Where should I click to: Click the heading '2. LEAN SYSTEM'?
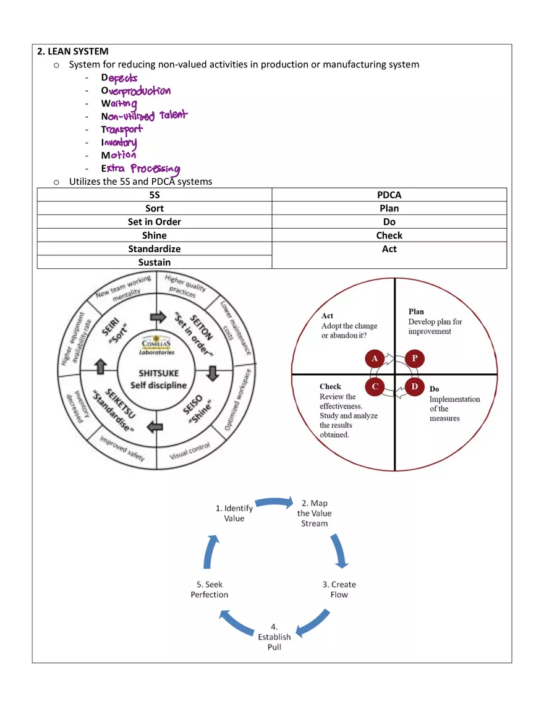click(73, 51)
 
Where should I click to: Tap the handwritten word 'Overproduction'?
click(135, 91)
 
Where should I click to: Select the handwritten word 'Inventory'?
click(119, 143)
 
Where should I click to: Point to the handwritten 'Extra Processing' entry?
click(140, 169)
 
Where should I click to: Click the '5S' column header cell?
click(155, 195)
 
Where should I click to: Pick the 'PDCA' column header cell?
click(389, 195)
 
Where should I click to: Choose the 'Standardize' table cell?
click(155, 248)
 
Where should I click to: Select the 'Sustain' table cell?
click(155, 262)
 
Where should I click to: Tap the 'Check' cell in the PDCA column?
click(389, 235)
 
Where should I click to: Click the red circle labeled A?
click(375, 358)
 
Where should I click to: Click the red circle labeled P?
click(415, 358)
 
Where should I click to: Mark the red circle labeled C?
click(375, 386)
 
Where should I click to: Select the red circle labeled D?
click(415, 386)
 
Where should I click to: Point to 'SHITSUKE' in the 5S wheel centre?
click(159, 373)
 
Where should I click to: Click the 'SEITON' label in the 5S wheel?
click(201, 328)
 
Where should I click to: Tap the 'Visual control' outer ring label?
click(190, 451)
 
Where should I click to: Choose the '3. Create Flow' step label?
click(339, 590)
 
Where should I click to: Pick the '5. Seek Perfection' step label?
click(210, 590)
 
